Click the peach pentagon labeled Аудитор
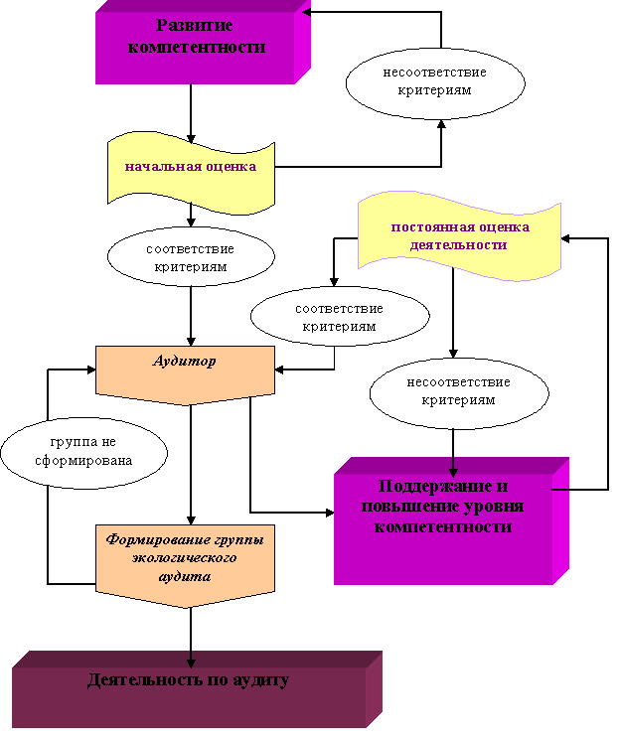[185, 370]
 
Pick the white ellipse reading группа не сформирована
[83, 452]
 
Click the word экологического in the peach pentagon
[184, 557]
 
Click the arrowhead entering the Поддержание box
[453, 470]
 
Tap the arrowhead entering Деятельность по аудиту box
[192, 662]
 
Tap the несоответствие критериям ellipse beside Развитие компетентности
[434, 81]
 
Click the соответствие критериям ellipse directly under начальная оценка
[191, 257]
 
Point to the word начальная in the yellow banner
[159, 167]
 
